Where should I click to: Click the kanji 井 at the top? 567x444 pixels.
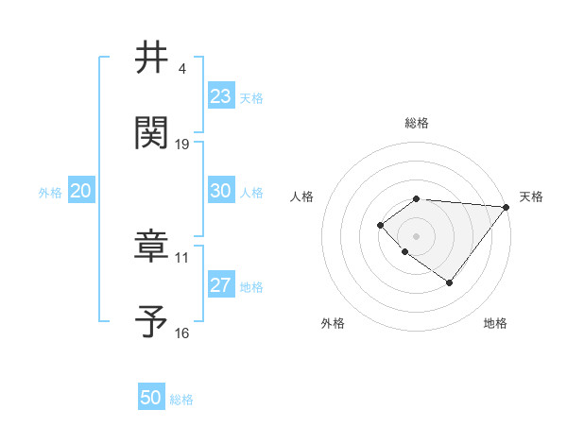coord(152,59)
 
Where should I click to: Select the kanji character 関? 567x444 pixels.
coord(152,132)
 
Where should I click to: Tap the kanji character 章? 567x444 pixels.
coord(152,246)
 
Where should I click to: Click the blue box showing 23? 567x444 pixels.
coord(220,96)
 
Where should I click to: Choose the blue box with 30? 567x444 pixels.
coord(220,191)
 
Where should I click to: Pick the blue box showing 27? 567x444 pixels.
coord(220,286)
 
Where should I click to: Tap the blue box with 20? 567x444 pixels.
coord(81,191)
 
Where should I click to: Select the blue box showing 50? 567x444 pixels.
coord(151,399)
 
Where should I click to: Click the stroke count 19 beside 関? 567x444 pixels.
coord(182,145)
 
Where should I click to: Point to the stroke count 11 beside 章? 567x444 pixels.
coord(182,257)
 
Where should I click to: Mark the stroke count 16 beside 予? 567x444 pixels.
coord(182,333)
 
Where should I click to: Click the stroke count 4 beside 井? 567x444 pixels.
coord(181,69)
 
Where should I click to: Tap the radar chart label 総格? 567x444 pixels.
coord(417,123)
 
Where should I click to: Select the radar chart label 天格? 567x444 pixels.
coord(531,196)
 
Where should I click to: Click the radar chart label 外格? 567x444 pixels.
coord(333,324)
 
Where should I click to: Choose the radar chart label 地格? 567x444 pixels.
coord(495,324)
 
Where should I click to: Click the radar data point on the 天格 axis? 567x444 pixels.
coord(506,207)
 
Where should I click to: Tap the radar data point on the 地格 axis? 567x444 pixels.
coord(450,282)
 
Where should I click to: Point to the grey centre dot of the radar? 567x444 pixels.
coord(417,235)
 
